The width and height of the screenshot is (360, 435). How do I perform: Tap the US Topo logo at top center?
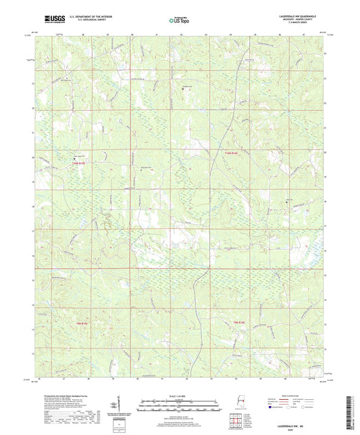[179, 20]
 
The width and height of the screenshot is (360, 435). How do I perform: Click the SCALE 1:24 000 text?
[179, 395]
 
